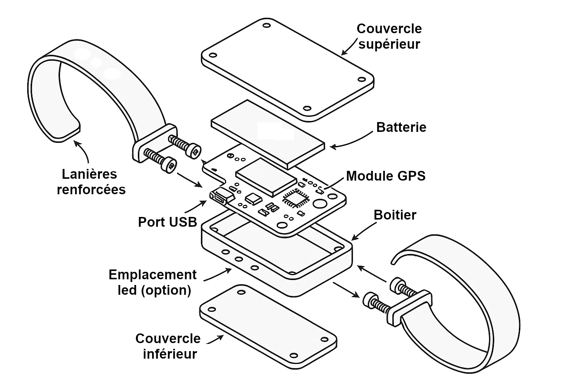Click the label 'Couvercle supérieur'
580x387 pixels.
pos(389,37)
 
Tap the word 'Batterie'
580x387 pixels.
pos(401,127)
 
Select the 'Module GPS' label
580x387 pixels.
pos(386,176)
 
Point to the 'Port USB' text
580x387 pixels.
pos(168,222)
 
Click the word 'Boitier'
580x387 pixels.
pos(395,215)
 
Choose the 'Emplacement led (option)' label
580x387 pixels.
pos(153,282)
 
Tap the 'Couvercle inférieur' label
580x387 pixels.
pos(168,346)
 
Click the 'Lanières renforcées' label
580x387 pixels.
pos(91,182)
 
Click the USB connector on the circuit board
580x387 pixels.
pos(222,198)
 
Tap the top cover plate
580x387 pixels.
pos(287,69)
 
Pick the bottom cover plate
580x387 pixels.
pos(268,327)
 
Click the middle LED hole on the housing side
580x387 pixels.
pos(239,259)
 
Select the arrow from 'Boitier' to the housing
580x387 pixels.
pos(364,230)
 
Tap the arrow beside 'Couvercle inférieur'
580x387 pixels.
pos(215,340)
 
